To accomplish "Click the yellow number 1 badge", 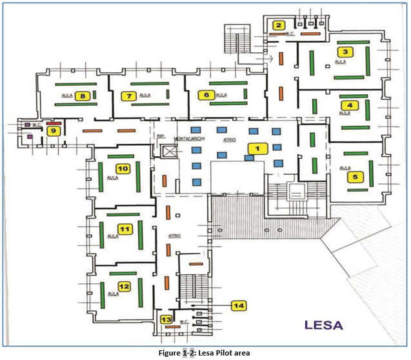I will (x=257, y=148).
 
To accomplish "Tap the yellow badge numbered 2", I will (x=279, y=26).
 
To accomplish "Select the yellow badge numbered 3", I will (x=345, y=52).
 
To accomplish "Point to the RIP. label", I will (x=161, y=137).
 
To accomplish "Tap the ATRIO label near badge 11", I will (x=174, y=236).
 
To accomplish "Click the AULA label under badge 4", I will (x=345, y=113).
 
